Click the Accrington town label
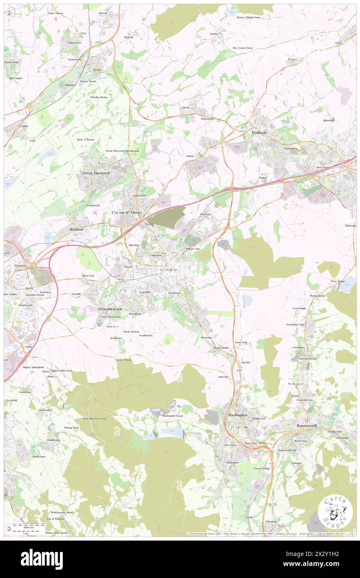pos(168,269)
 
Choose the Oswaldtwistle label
pos(111,309)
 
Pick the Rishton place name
pos(76,229)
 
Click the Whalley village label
pos(98,70)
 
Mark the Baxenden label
pos(206,337)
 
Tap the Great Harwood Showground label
pos(122,151)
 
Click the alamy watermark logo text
pos(41,559)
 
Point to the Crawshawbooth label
pos(307,358)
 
